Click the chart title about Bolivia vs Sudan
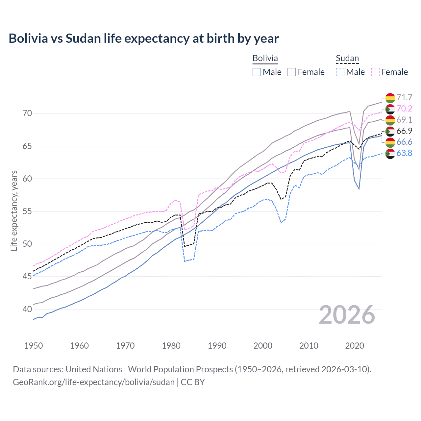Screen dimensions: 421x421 (x=144, y=38)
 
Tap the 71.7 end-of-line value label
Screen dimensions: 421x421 (x=404, y=98)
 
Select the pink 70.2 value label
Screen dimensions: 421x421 (x=404, y=109)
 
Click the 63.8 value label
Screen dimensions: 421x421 (x=404, y=153)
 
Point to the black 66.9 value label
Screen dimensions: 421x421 (x=404, y=131)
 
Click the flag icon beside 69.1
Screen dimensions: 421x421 (x=390, y=120)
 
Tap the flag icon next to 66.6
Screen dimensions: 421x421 (x=390, y=142)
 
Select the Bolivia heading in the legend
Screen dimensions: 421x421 (x=265, y=59)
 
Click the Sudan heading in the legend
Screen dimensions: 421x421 (x=347, y=59)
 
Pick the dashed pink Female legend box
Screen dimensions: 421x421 (x=375, y=72)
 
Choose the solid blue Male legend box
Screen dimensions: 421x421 (x=257, y=72)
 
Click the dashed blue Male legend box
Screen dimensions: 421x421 (x=340, y=72)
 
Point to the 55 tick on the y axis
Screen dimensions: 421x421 (x=27, y=211)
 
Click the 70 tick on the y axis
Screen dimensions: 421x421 (x=27, y=113)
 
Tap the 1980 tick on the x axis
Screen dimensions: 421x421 (x=171, y=346)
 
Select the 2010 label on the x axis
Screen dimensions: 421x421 (x=309, y=346)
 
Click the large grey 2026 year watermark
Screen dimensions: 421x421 (x=347, y=315)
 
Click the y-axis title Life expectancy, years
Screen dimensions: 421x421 (x=14, y=210)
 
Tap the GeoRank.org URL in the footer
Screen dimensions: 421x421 (x=94, y=382)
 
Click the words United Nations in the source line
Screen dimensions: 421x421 (x=94, y=369)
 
